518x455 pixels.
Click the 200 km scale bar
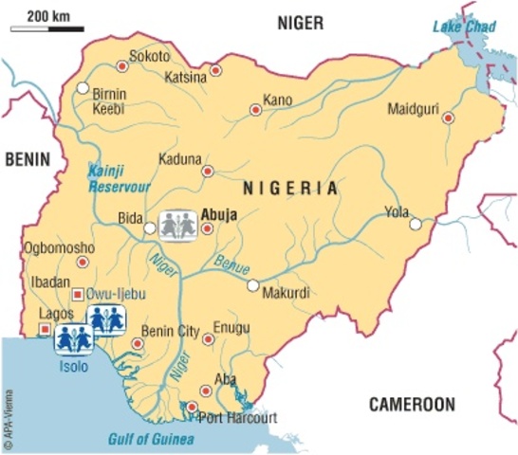click(x=46, y=29)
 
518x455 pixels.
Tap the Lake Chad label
click(x=464, y=26)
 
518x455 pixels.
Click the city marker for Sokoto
click(x=120, y=65)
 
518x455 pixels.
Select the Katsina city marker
click(x=216, y=69)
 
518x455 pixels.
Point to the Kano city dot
click(x=254, y=110)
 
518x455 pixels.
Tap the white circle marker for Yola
click(x=416, y=224)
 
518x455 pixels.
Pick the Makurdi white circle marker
click(x=252, y=284)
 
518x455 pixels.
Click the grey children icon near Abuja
click(x=178, y=226)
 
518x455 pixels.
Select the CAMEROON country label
click(x=411, y=405)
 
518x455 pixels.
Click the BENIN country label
click(x=26, y=161)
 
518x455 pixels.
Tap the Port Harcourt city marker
click(x=192, y=407)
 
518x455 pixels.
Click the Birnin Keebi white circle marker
click(x=83, y=88)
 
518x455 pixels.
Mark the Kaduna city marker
click(x=207, y=172)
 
